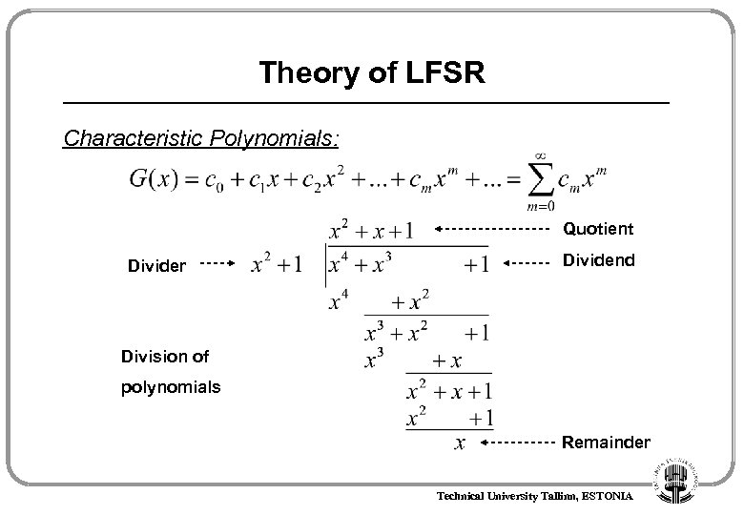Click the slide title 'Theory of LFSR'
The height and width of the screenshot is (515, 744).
tap(372, 72)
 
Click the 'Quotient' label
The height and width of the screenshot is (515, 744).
tap(597, 229)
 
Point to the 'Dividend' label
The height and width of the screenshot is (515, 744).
tap(598, 260)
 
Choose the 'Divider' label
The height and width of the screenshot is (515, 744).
tap(157, 265)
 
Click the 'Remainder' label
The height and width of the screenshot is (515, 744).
tap(606, 443)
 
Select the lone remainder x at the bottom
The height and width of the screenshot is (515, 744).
tap(461, 443)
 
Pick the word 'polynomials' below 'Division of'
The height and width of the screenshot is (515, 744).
tap(171, 389)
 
